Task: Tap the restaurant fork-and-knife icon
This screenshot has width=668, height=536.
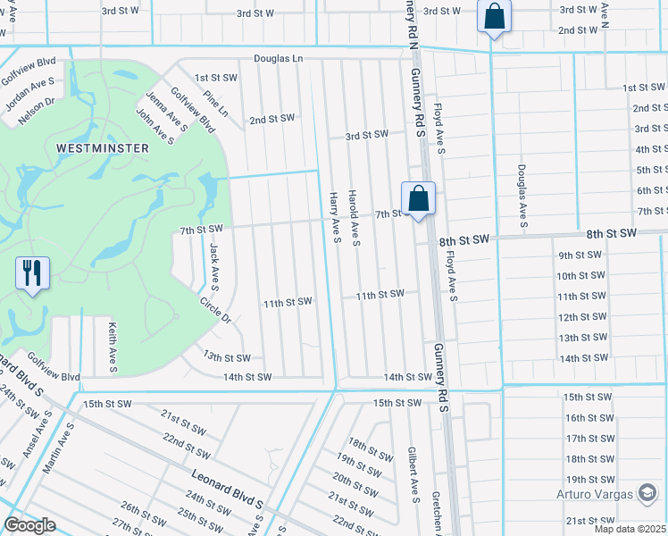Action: pos(33,272)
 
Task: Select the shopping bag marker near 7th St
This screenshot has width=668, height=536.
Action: pos(418,199)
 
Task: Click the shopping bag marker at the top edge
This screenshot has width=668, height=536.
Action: pos(493,16)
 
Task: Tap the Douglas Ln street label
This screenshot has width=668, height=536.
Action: pos(278,58)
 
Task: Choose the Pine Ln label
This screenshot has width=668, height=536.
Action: pos(216,103)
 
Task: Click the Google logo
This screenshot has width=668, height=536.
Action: pos(29,524)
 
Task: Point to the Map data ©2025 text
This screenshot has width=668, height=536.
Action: pos(630,529)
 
